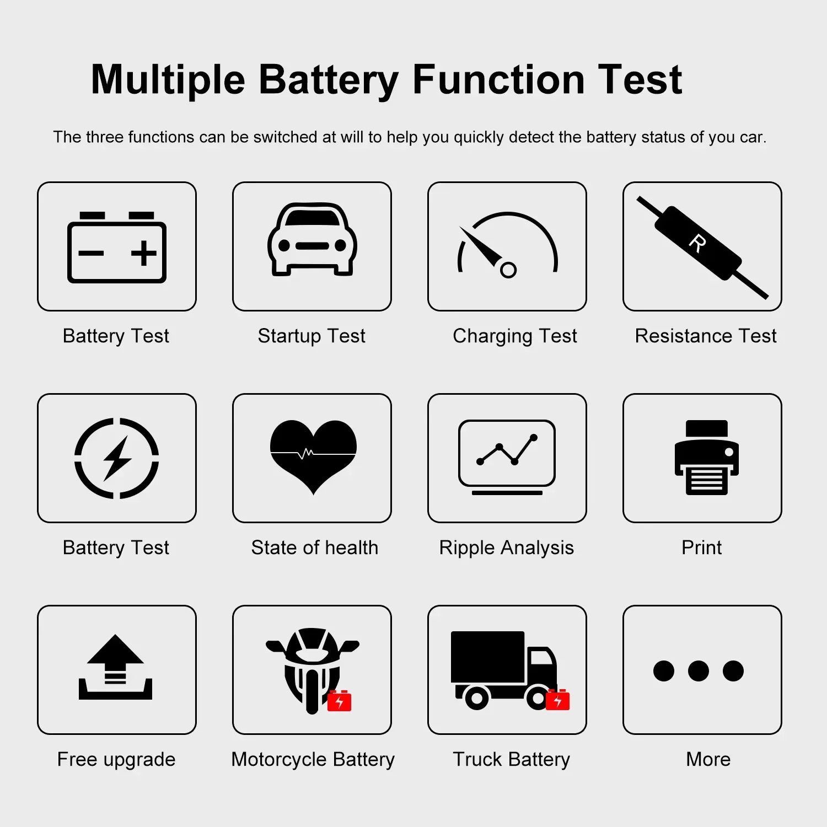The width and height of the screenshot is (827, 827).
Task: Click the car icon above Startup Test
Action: pyautogui.click(x=312, y=238)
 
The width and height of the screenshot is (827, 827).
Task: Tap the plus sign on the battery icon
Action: pyautogui.click(x=144, y=254)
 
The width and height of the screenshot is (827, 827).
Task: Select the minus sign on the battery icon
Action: pyautogui.click(x=91, y=254)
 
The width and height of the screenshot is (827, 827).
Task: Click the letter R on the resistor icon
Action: pyautogui.click(x=697, y=243)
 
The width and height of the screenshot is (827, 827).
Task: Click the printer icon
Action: pyautogui.click(x=707, y=458)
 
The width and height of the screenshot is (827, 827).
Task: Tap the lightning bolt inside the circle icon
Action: pyautogui.click(x=117, y=458)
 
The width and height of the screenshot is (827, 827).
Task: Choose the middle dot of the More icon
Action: pyautogui.click(x=699, y=670)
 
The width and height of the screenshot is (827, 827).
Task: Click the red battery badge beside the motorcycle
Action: pyautogui.click(x=340, y=700)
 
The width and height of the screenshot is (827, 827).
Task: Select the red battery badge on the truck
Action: pyautogui.click(x=558, y=699)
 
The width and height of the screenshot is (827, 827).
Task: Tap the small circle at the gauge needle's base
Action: pyautogui.click(x=508, y=270)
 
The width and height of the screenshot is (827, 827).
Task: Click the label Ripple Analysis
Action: pyautogui.click(x=506, y=547)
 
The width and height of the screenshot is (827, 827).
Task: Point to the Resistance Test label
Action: pyautogui.click(x=706, y=336)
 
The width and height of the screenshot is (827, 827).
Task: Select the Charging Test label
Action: pyautogui.click(x=515, y=336)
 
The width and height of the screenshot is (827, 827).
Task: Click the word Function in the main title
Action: pyautogui.click(x=498, y=79)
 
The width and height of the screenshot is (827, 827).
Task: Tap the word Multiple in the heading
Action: pyautogui.click(x=168, y=80)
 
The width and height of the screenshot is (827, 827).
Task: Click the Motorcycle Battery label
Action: pyautogui.click(x=313, y=760)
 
